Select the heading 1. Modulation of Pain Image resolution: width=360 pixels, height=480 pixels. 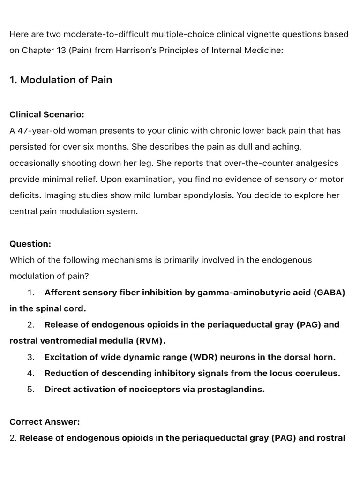tap(61, 80)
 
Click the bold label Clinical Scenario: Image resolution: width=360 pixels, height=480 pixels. tap(47, 114)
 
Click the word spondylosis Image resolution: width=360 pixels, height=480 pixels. tap(209, 195)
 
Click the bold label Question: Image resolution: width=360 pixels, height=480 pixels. tap(30, 244)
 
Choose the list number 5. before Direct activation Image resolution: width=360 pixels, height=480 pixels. tap(31, 390)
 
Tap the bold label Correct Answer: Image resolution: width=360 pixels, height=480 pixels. tap(45, 422)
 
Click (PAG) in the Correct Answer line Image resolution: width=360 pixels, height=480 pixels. tap(281, 438)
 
